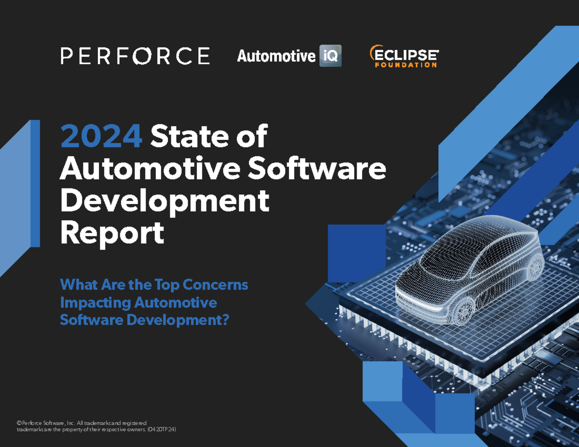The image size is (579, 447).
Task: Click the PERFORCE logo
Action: [135, 56]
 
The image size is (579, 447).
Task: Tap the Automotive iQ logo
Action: [289, 56]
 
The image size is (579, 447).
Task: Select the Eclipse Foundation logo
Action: [403, 56]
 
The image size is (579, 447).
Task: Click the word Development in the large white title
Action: [164, 202]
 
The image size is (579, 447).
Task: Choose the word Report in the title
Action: [111, 234]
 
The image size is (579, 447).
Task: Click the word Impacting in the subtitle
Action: [95, 303]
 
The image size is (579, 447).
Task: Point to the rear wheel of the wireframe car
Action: [535, 267]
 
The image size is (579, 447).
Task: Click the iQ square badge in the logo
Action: [330, 56]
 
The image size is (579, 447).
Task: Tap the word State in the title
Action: [186, 137]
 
